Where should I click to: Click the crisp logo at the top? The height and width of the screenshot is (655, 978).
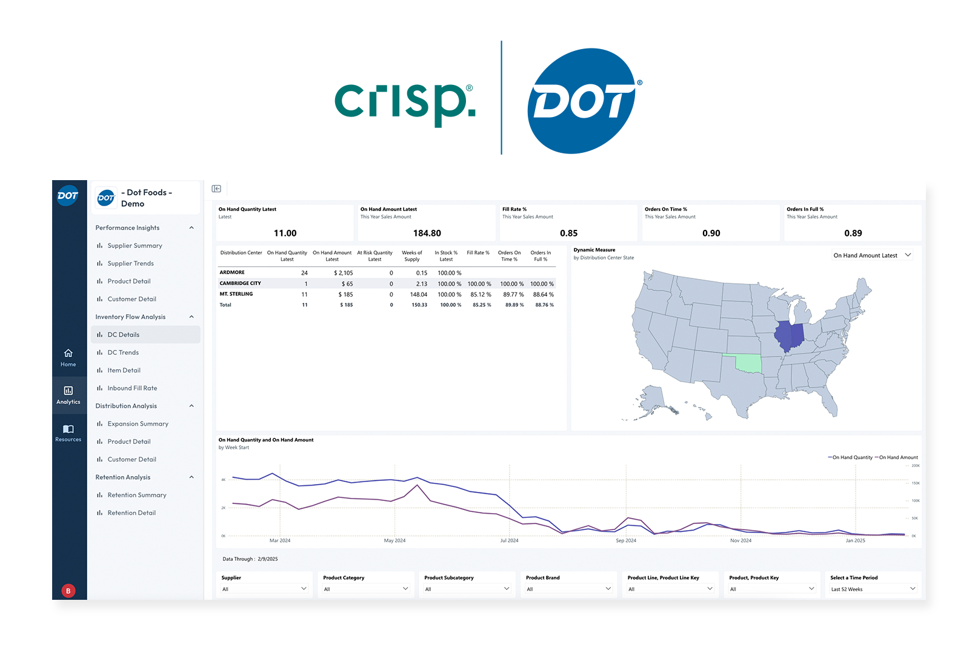(x=405, y=101)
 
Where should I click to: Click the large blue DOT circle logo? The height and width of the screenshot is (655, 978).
(x=582, y=101)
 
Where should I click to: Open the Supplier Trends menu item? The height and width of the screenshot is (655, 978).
(x=130, y=263)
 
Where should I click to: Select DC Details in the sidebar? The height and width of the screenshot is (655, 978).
(x=123, y=335)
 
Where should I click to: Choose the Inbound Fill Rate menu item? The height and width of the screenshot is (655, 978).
(x=132, y=388)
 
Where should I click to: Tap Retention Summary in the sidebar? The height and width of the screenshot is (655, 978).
(x=136, y=495)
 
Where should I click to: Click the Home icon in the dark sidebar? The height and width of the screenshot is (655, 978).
(x=68, y=357)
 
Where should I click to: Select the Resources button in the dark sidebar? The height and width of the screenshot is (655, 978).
(x=68, y=433)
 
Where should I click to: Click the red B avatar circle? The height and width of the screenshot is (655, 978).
(x=68, y=591)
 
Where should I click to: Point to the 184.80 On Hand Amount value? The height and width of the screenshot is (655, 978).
(x=427, y=233)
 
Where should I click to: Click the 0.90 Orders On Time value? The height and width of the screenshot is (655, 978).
(x=711, y=233)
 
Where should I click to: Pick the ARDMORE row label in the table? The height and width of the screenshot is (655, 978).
(x=232, y=272)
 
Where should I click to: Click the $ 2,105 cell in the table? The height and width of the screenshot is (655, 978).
(x=343, y=273)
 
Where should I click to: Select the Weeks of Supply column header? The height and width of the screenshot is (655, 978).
(x=411, y=256)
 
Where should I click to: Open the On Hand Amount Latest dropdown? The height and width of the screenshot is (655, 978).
(x=871, y=255)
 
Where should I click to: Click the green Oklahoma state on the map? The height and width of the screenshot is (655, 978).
(x=747, y=363)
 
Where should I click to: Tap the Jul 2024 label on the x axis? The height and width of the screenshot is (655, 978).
(x=509, y=540)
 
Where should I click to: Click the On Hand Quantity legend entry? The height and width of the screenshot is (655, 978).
(x=851, y=457)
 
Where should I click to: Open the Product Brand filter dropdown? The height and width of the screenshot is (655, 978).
(x=568, y=589)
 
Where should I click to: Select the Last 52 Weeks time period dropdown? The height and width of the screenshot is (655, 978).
(x=872, y=589)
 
